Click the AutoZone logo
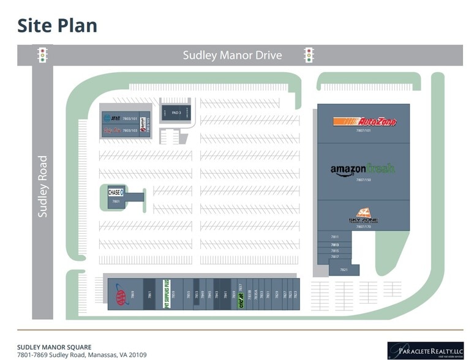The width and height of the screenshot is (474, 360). pyautogui.click(x=364, y=122)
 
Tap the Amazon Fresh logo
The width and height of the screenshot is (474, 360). pyautogui.click(x=363, y=169)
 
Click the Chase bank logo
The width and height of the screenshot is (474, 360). pyautogui.click(x=116, y=192)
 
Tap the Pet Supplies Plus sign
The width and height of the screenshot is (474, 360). pyautogui.click(x=165, y=294)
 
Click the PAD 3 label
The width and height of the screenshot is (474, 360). pyautogui.click(x=176, y=113)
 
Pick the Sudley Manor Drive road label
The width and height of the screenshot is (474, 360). pyautogui.click(x=232, y=56)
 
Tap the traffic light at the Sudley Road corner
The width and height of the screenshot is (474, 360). pyautogui.click(x=42, y=55)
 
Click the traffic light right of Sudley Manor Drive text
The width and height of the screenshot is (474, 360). pyautogui.click(x=309, y=55)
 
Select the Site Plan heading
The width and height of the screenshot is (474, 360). pyautogui.click(x=57, y=26)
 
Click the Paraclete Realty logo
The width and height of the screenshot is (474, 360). pyautogui.click(x=426, y=350)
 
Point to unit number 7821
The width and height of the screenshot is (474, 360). pyautogui.click(x=344, y=269)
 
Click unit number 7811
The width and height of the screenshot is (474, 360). pyautogui.click(x=334, y=237)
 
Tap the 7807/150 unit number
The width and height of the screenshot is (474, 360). pyautogui.click(x=364, y=180)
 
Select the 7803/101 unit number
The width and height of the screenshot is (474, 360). pyautogui.click(x=129, y=119)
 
